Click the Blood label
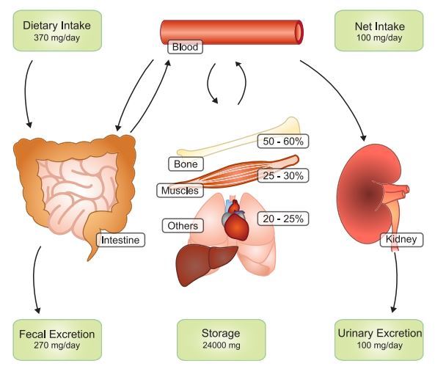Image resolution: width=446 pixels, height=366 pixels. [x=185, y=48]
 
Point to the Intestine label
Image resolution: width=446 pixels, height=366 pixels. [x=120, y=239]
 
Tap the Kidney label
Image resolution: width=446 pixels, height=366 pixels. [x=399, y=239]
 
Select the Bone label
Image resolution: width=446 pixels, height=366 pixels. [x=186, y=164]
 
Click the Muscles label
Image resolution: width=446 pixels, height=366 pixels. [x=180, y=191]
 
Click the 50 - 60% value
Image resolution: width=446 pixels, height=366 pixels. [x=282, y=139]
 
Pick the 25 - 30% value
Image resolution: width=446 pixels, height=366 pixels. [x=282, y=176]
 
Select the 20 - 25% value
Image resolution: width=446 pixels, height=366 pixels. [x=282, y=218]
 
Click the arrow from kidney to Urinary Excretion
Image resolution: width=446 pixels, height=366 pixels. [x=398, y=282]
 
